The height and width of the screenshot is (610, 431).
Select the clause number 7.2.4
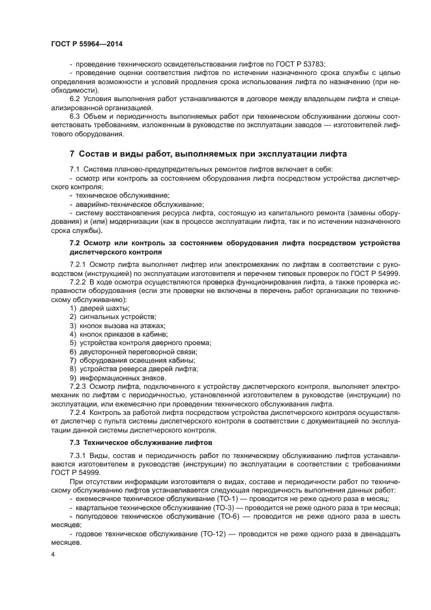(x=80, y=413)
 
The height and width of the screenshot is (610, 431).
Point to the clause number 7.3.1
(x=80, y=454)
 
